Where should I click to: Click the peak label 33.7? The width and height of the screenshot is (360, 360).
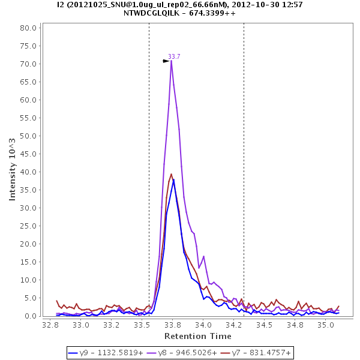pyautogui.click(x=174, y=57)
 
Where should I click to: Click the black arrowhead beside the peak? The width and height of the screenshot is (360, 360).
pyautogui.click(x=166, y=61)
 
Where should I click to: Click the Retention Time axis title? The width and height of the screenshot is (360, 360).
pyautogui.click(x=197, y=335)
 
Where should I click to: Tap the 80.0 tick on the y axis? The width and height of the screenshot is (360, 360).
pyautogui.click(x=29, y=28)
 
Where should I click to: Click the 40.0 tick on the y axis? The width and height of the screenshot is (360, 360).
pyautogui.click(x=29, y=172)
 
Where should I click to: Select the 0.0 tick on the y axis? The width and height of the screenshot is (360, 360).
pyautogui.click(x=32, y=316)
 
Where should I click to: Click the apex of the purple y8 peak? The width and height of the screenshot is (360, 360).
pyautogui.click(x=171, y=61)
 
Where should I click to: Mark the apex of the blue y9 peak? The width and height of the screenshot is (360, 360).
pyautogui.click(x=173, y=179)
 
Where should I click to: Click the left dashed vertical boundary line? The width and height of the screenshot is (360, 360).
pyautogui.click(x=149, y=180)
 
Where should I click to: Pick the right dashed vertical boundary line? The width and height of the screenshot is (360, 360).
pyautogui.click(x=244, y=180)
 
